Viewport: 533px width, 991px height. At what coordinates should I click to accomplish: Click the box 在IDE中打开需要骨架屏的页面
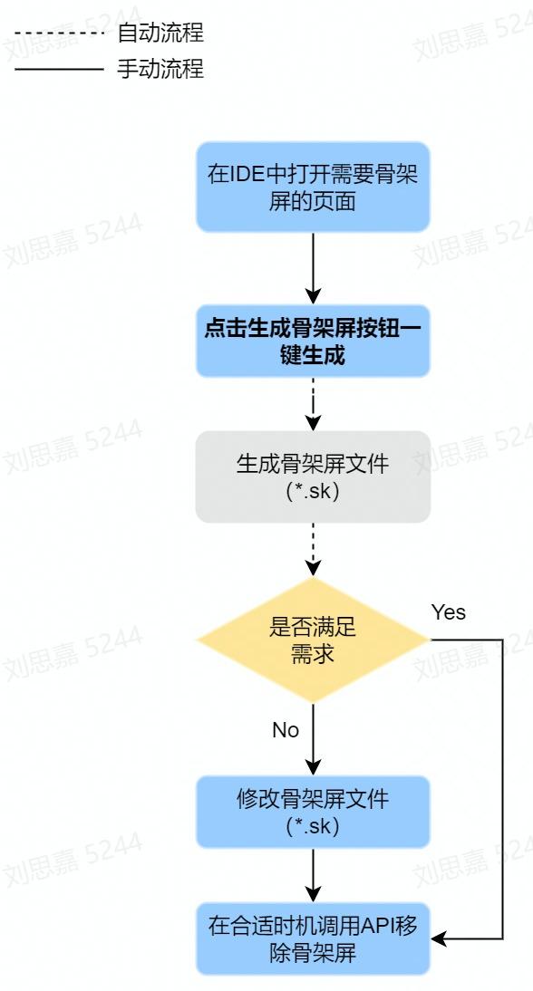tap(313, 187)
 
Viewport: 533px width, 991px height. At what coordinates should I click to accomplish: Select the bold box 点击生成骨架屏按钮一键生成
tap(313, 341)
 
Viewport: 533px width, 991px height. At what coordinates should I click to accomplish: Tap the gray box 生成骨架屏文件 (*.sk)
tap(313, 476)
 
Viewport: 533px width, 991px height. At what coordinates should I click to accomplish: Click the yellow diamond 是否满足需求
tap(313, 640)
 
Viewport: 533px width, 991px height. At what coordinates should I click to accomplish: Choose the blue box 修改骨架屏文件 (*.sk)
tap(313, 812)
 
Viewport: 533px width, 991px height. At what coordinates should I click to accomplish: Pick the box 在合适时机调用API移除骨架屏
tap(313, 938)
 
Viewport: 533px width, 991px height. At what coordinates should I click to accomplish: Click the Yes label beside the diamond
tap(448, 612)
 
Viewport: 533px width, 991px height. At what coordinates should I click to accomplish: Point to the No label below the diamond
tap(285, 730)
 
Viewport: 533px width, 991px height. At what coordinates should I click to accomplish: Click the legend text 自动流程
tap(160, 34)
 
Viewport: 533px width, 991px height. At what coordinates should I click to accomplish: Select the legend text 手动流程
tap(160, 69)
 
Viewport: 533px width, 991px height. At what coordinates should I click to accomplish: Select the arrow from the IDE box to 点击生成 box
tap(313, 268)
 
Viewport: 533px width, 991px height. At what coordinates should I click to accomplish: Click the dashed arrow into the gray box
tap(313, 404)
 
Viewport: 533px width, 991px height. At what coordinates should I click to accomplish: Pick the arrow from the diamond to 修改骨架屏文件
tap(313, 739)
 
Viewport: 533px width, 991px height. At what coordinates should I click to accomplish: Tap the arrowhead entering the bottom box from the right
tap(439, 938)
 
